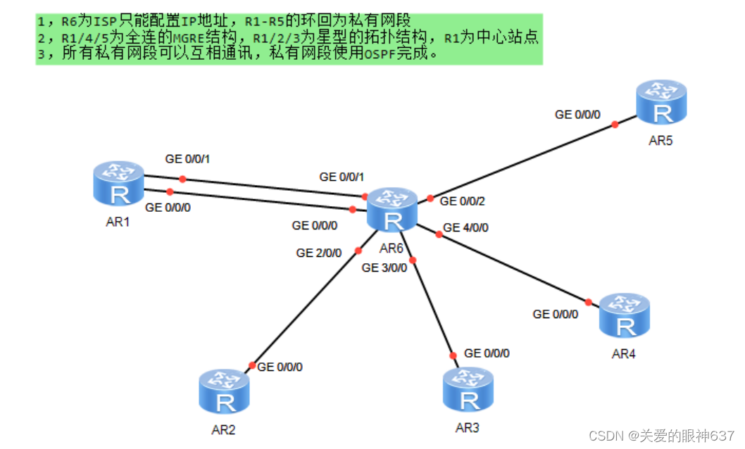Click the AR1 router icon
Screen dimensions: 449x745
tap(118, 185)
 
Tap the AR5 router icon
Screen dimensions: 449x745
tap(661, 103)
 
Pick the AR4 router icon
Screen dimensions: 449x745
tap(624, 317)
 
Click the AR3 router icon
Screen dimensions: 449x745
tap(468, 391)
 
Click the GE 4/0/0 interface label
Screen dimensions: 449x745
tap(465, 228)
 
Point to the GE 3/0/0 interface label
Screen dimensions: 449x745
tap(384, 267)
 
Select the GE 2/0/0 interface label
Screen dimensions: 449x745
tap(319, 253)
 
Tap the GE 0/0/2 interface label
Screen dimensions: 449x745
tap(463, 201)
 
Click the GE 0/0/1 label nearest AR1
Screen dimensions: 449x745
tap(187, 159)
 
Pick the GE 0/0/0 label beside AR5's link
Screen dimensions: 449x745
tap(577, 114)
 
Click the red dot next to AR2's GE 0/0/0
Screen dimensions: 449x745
tap(251, 365)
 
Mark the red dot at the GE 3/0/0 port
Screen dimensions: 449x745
tap(413, 260)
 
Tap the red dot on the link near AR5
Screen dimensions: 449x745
tap(615, 124)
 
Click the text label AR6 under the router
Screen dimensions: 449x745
tap(392, 248)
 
